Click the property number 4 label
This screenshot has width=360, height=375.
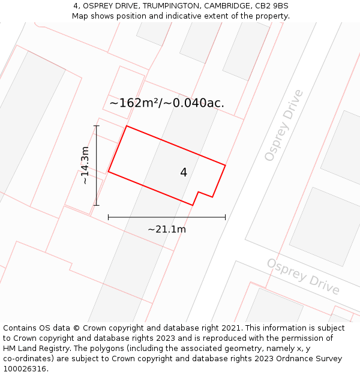[x=184, y=173]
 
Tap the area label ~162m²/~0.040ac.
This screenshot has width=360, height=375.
[x=167, y=103]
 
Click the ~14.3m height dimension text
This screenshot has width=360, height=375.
[x=85, y=165]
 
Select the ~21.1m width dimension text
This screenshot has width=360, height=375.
[x=167, y=229]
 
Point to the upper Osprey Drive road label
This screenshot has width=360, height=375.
[x=284, y=125]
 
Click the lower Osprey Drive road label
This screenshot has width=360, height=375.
[x=303, y=277]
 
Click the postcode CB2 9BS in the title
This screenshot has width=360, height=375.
[x=272, y=6]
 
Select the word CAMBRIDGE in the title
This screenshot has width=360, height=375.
[x=227, y=6]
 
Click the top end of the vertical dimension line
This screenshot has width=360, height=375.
[x=97, y=125]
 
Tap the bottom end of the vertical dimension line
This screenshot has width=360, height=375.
[x=97, y=206]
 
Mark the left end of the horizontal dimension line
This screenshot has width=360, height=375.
[x=108, y=217]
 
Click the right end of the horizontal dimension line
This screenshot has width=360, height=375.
[x=226, y=217]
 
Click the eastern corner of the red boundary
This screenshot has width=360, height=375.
[x=226, y=165]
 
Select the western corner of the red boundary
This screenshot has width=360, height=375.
[x=108, y=172]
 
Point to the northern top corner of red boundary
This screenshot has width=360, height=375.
[x=126, y=126]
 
